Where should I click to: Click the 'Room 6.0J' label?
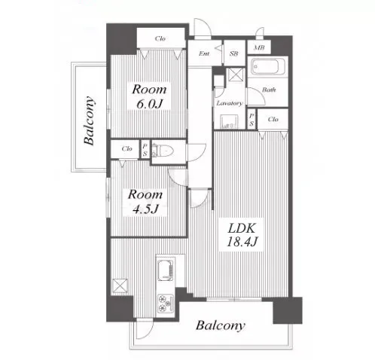[x=149, y=96]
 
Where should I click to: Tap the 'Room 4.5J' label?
[x=145, y=202]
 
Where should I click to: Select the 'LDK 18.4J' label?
[x=242, y=235]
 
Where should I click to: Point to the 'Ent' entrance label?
[x=204, y=53]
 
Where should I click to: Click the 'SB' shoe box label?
[x=233, y=53]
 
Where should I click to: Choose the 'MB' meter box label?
[x=259, y=47]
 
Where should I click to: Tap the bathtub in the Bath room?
[x=267, y=66]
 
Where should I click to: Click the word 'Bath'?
[x=269, y=90]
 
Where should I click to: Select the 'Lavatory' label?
[x=230, y=103]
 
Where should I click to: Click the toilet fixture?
[x=163, y=151]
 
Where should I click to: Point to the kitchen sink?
[x=166, y=270]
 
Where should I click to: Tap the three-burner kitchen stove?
[x=166, y=303]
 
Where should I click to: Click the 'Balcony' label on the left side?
[x=90, y=121]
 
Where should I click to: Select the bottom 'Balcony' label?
[x=220, y=325]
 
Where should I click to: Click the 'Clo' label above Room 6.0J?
[x=160, y=38]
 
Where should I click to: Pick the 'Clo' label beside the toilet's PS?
[x=127, y=148]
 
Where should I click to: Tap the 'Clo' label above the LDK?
[x=273, y=119]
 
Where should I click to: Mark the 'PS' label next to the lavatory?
[x=252, y=119]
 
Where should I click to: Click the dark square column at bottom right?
[x=288, y=310]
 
